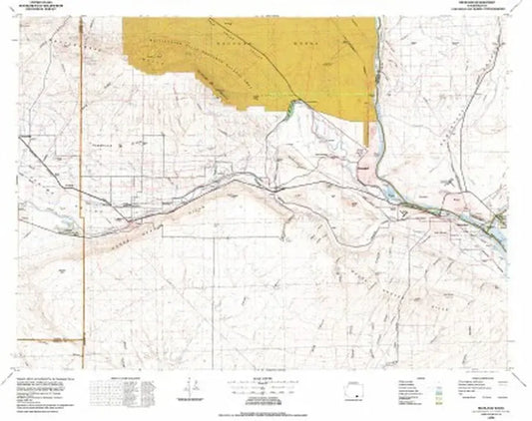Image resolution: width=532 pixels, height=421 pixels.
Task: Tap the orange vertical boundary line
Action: click(78, 249)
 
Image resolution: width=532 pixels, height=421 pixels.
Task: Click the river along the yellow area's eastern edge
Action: click(377, 100)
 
